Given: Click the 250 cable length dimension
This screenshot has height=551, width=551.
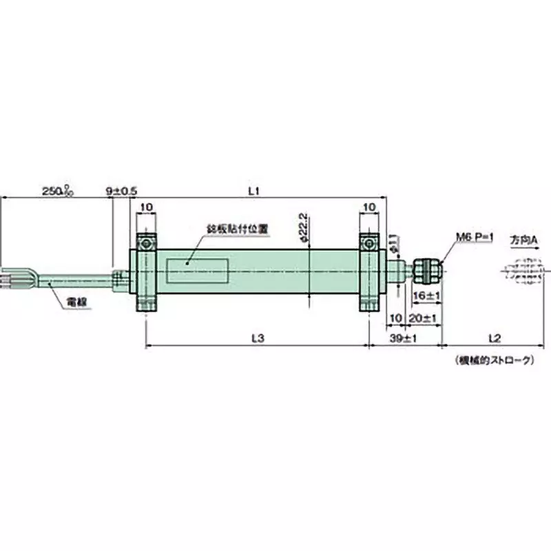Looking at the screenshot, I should (x=57, y=190).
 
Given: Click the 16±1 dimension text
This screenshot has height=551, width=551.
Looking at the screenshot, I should (x=422, y=295).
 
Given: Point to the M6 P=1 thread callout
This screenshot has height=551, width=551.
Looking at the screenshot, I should (x=475, y=237).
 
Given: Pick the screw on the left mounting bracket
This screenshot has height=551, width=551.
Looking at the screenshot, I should (x=147, y=245).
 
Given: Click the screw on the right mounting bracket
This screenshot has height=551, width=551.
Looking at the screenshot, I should (x=370, y=245).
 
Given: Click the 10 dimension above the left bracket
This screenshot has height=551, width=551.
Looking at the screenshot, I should (x=147, y=206).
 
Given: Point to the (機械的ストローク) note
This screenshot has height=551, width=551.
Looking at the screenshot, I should (x=493, y=360).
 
